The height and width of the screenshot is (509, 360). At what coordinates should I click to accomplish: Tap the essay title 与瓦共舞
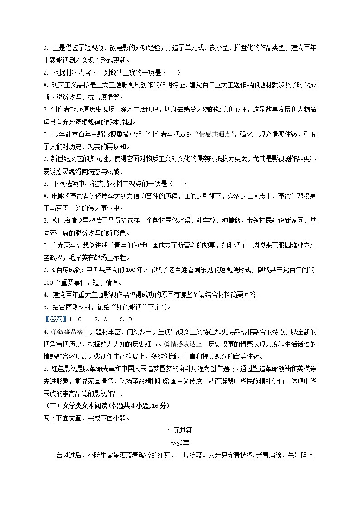click(180, 429)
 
